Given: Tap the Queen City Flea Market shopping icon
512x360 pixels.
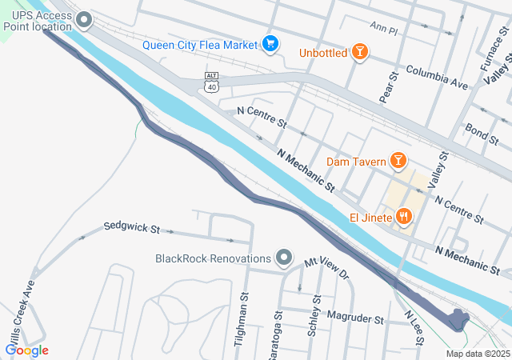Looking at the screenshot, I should (270, 44).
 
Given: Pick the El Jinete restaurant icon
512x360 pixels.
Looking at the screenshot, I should (405, 216).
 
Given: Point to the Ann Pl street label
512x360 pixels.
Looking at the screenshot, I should (383, 28).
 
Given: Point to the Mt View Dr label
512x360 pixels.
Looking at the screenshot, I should (326, 268).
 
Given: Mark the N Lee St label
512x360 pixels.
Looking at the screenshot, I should (414, 326).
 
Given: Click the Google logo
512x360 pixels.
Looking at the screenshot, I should (26, 350).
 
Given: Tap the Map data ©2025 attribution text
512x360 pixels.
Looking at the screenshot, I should (477, 354).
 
